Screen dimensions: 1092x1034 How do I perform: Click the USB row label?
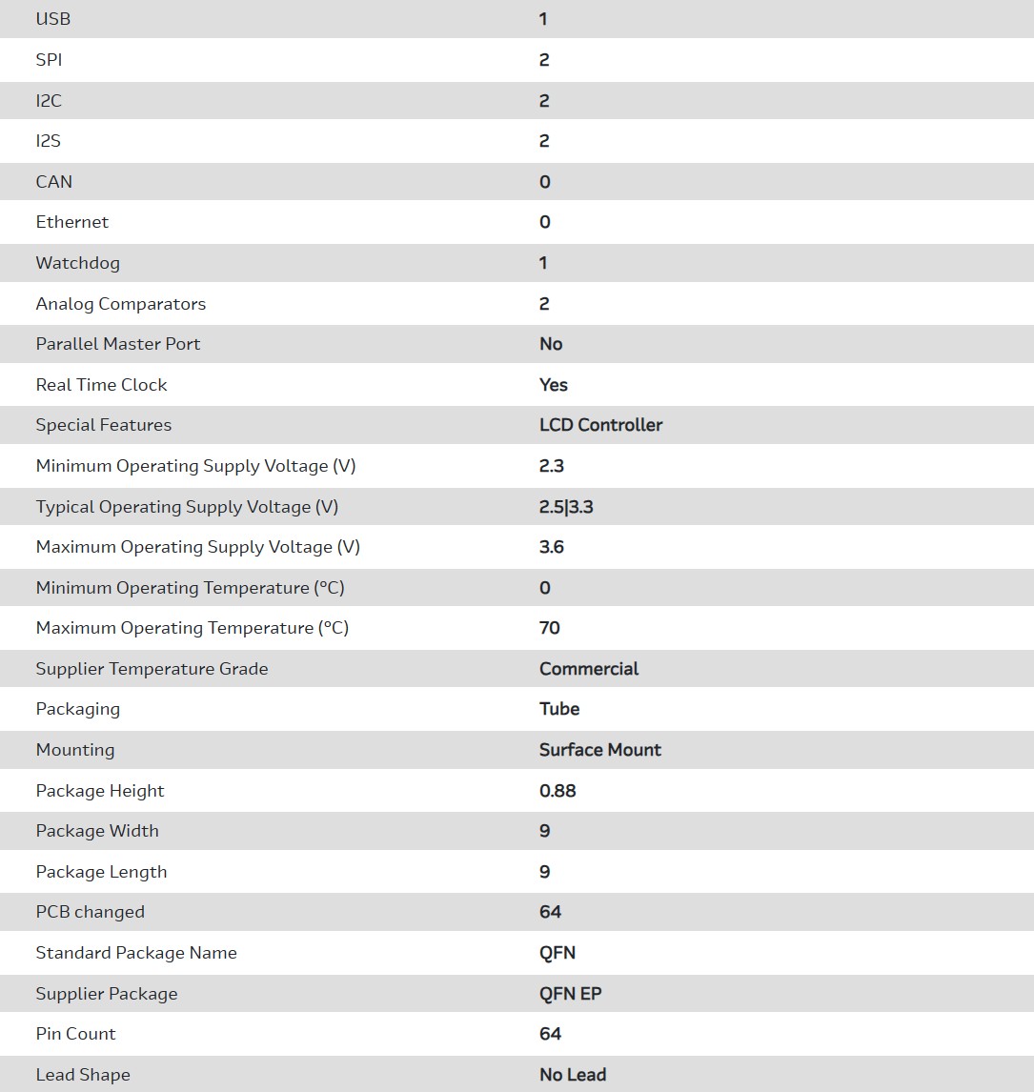[53, 19]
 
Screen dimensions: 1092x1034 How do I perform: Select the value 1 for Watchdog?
[543, 263]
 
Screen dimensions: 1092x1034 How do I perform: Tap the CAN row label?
[54, 182]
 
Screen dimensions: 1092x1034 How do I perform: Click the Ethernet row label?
[72, 222]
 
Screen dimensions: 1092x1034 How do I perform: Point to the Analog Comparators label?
[121, 304]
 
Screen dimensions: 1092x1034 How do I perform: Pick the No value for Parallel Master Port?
[551, 344]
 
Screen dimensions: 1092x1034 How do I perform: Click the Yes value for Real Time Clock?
[554, 385]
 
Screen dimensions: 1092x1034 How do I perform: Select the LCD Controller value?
[600, 425]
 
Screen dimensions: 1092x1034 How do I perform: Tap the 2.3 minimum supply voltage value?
[552, 466]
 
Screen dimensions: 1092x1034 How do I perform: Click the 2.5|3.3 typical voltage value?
[566, 507]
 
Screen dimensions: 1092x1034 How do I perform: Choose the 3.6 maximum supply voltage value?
[552, 547]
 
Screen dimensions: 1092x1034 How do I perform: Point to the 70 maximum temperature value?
[550, 628]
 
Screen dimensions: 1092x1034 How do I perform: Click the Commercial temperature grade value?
[589, 669]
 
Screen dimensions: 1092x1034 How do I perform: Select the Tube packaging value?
[559, 709]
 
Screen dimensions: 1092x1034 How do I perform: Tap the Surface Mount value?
[600, 750]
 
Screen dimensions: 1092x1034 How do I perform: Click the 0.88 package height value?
[558, 791]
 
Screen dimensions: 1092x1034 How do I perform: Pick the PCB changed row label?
[91, 912]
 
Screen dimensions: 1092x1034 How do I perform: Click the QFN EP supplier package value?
[571, 994]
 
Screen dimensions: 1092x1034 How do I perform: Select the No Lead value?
[573, 1075]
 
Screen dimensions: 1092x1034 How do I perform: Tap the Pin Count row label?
[76, 1034]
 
